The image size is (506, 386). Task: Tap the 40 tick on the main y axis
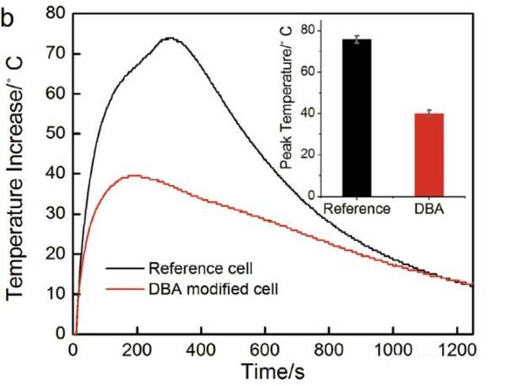[x=56, y=174]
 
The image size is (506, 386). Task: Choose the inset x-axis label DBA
[x=429, y=210]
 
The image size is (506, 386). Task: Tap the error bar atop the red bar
[x=429, y=112]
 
